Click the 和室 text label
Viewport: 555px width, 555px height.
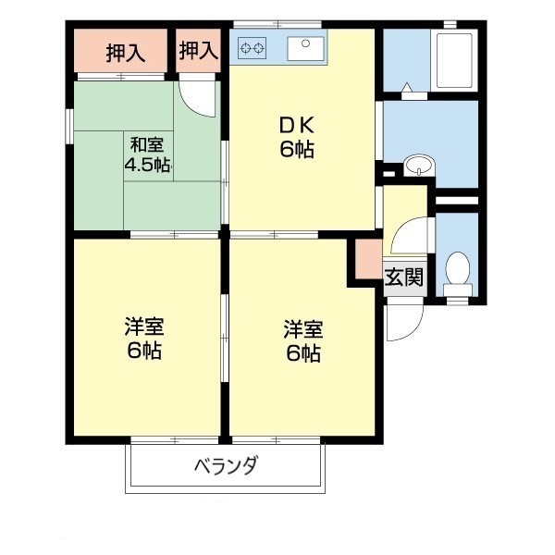coord(147,144)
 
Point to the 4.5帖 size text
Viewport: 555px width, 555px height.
coord(147,166)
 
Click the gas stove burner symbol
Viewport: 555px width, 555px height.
coord(253,44)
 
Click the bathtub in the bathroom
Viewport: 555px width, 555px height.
coord(454,60)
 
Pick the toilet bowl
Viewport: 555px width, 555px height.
coord(457,271)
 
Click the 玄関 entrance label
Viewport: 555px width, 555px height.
coord(403,277)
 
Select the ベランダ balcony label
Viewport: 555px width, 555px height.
coord(226,467)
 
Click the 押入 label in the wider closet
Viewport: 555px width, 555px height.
coord(125,53)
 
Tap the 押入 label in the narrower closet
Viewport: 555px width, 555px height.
coord(199,52)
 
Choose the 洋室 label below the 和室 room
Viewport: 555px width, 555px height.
coord(146,327)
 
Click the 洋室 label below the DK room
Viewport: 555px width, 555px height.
coord(303,329)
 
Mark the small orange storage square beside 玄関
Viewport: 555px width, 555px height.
coord(365,259)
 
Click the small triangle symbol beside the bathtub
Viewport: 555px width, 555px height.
coord(406,88)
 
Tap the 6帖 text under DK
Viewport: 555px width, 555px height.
coord(298,150)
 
